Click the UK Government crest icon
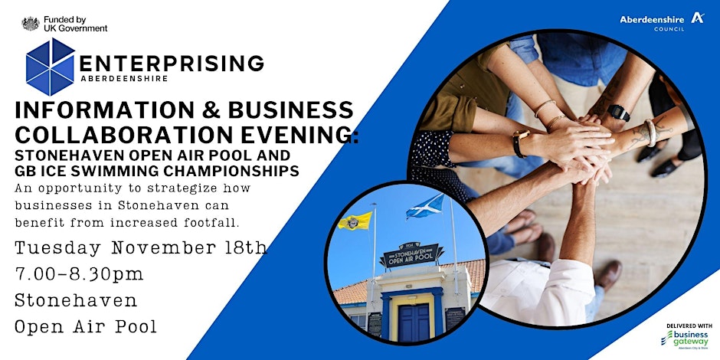tap(30, 24)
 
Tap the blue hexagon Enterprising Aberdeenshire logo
tap(50, 67)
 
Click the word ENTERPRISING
tap(172, 63)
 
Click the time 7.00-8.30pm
tap(79, 273)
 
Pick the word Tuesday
tap(61, 248)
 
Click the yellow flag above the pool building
tap(355, 221)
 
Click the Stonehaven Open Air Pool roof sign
tap(411, 256)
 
